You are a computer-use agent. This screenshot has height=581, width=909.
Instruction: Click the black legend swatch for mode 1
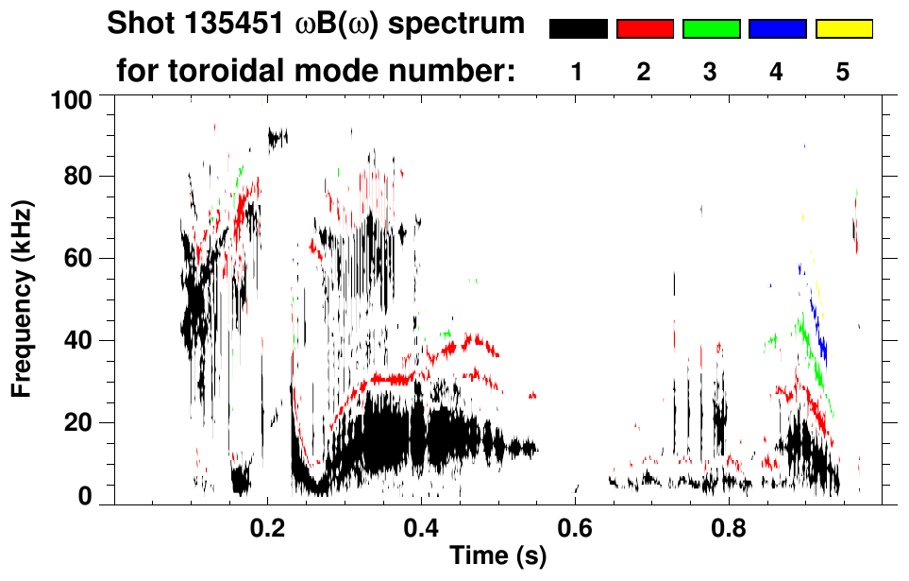click(x=578, y=29)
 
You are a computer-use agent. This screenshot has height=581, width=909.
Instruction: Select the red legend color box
click(x=645, y=29)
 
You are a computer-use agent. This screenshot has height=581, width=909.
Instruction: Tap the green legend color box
click(x=711, y=29)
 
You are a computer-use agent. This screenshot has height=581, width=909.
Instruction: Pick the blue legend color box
click(x=777, y=29)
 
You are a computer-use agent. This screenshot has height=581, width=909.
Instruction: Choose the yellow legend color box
click(x=844, y=29)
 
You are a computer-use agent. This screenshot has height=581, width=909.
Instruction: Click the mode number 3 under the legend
click(x=711, y=72)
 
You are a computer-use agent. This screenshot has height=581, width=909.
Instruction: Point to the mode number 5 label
click(x=844, y=72)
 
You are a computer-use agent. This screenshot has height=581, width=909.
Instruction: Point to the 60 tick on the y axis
click(x=80, y=259)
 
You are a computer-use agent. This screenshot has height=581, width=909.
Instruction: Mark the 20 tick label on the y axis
click(x=80, y=422)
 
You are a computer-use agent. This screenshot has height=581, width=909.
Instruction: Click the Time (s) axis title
click(x=497, y=556)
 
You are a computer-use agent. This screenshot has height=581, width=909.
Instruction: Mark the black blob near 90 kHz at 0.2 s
click(x=277, y=138)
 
